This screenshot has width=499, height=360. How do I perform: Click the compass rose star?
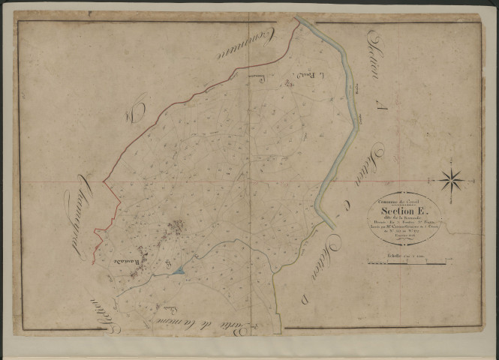tap(452, 179)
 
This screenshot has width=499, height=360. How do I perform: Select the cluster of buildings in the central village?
tap(177, 228)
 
